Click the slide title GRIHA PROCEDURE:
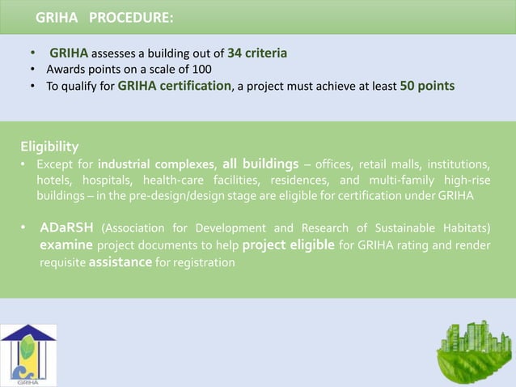[104, 17]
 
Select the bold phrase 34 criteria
[257, 53]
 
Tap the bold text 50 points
[427, 86]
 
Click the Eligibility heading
[49, 147]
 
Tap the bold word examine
[66, 245]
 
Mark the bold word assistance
[122, 262]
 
